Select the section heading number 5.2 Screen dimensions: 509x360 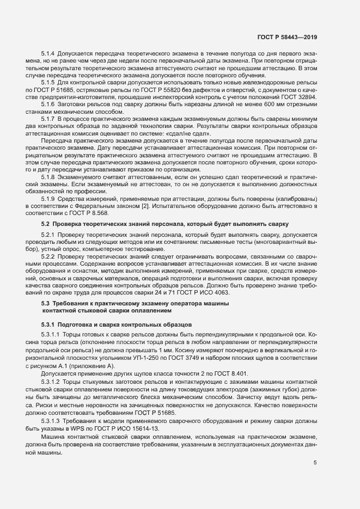pos(46,224)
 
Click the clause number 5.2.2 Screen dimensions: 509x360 pos(50,255)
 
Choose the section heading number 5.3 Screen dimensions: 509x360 pos(46,302)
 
